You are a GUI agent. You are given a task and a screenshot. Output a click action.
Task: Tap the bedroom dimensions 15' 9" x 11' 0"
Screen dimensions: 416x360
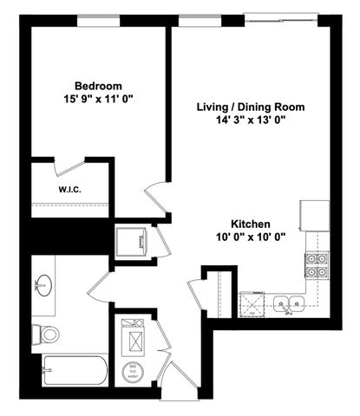click(97, 99)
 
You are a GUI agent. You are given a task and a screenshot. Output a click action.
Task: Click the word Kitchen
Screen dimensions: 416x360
click(250, 223)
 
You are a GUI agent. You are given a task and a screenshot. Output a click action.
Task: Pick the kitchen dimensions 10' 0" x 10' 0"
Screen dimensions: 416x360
click(250, 237)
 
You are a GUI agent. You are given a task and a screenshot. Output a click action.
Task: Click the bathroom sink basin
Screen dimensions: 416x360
click(45, 284)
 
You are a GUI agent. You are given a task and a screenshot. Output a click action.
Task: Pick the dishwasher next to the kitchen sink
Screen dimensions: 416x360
click(253, 303)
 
